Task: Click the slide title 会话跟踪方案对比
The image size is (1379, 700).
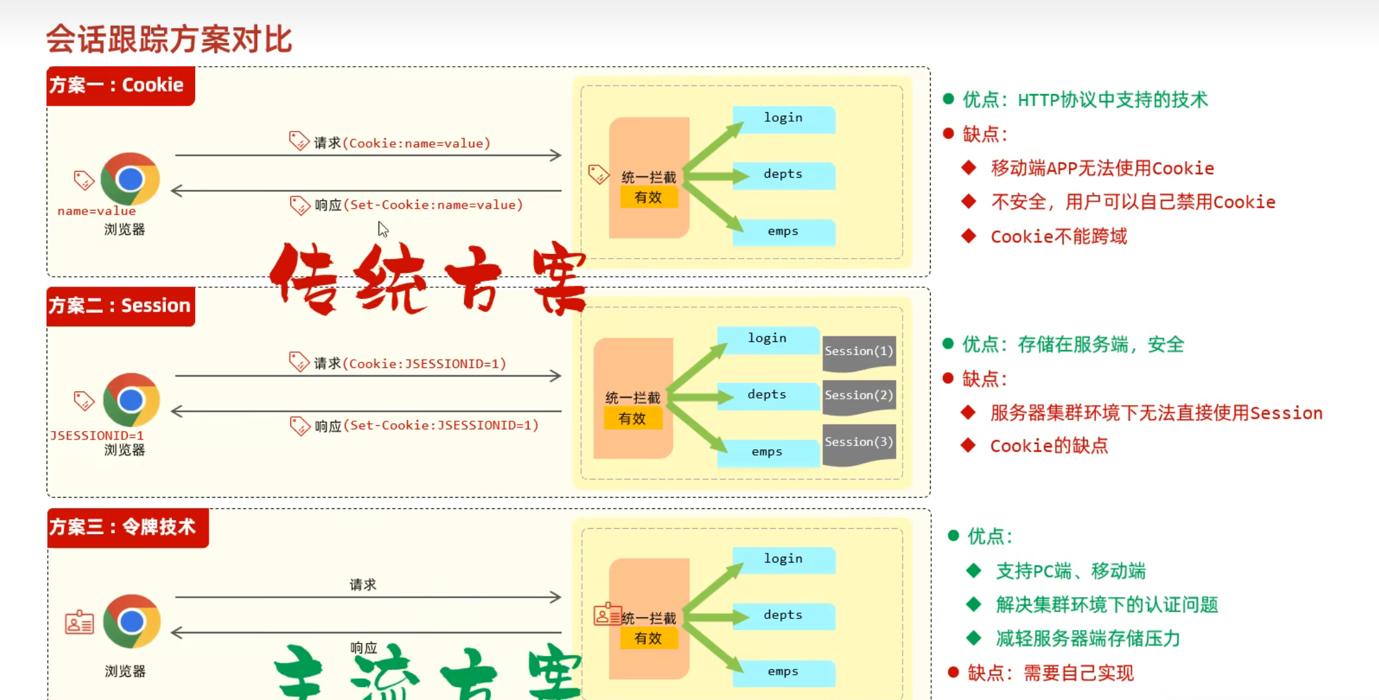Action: [169, 39]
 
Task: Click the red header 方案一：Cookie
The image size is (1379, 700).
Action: [121, 86]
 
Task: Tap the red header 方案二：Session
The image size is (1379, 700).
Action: [121, 306]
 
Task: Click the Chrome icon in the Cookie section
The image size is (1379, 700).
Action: [130, 179]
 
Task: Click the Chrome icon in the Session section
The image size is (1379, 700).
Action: [131, 400]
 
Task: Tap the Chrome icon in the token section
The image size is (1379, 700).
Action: [132, 621]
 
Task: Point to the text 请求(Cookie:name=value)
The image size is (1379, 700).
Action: [402, 143]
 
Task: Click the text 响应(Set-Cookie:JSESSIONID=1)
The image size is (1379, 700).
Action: [426, 426]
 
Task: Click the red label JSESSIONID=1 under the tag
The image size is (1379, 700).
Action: [97, 436]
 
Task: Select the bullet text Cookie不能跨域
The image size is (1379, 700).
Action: [1059, 237]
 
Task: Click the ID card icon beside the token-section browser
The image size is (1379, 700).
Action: [80, 622]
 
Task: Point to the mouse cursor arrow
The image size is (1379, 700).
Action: [383, 229]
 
